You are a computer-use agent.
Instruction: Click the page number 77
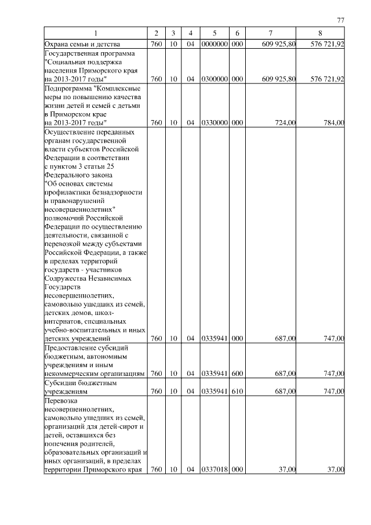pyautogui.click(x=340, y=20)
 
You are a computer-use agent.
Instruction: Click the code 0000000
pyautogui.click(x=214, y=44)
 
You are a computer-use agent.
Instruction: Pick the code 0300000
pyautogui.click(x=214, y=79)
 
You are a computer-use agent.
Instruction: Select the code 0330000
pyautogui.click(x=214, y=122)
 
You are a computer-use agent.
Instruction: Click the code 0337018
pyautogui.click(x=214, y=470)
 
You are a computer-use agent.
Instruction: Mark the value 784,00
pyautogui.click(x=334, y=122)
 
